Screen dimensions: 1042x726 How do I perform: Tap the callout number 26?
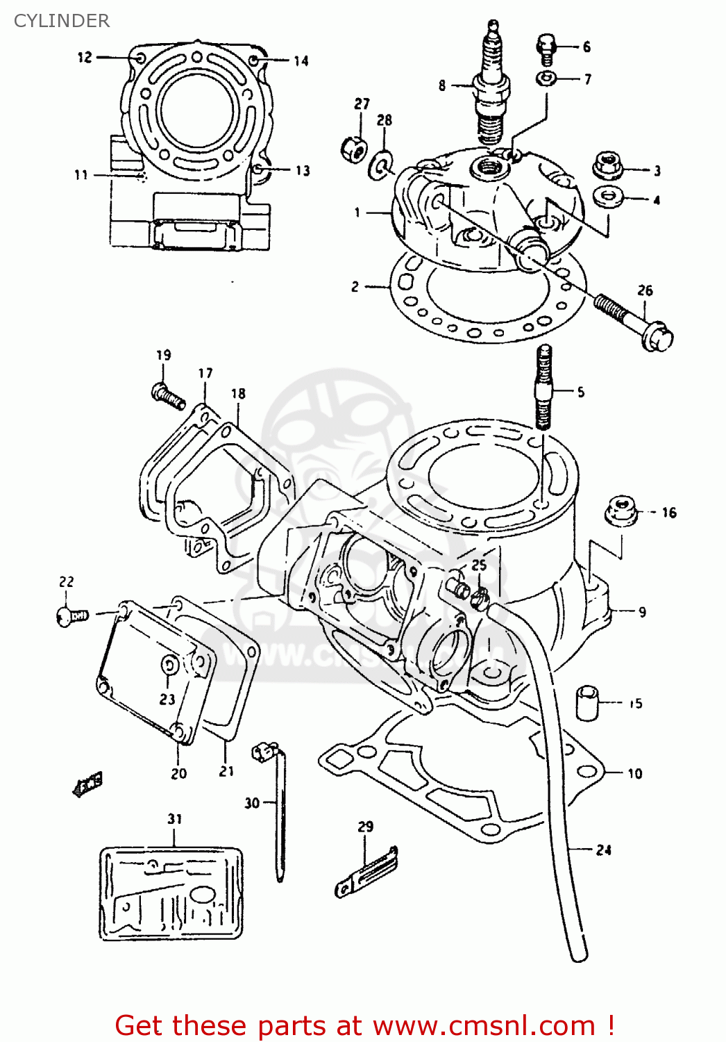pos(645,290)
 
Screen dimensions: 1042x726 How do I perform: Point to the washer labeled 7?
pos(546,78)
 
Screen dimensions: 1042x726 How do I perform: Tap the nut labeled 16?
pos(621,511)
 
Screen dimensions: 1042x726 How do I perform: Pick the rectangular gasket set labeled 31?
pos(171,893)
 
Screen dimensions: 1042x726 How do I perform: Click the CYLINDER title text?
pos(62,21)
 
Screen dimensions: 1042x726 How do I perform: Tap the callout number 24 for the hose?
pos(603,850)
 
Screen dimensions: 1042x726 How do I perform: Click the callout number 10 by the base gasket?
pos(634,773)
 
